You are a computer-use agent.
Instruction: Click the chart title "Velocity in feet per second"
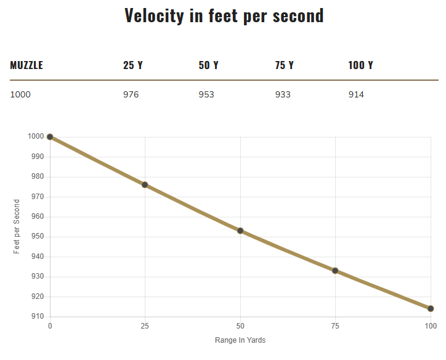[x=224, y=15]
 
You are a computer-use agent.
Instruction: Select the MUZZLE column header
[x=26, y=65]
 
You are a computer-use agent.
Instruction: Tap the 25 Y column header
[x=132, y=65]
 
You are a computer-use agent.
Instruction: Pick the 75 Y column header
[x=284, y=65]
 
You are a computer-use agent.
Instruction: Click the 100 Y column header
[x=360, y=65]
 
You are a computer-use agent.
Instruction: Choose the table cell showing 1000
[x=20, y=94]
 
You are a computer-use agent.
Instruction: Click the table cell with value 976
[x=131, y=94]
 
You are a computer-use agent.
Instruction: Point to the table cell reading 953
[x=206, y=94]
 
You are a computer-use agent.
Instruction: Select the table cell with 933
[x=283, y=94]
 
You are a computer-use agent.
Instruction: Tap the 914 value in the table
[x=356, y=94]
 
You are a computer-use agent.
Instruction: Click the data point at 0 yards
[x=50, y=137]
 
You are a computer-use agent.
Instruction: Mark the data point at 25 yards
[x=145, y=185]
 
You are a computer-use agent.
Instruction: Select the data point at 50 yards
[x=240, y=231]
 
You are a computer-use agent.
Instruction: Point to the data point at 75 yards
[x=335, y=271]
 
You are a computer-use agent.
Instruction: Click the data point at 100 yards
[x=431, y=308]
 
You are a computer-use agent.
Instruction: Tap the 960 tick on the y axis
[x=38, y=216]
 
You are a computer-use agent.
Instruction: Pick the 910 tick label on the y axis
[x=38, y=316]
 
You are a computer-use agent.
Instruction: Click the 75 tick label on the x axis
[x=335, y=325]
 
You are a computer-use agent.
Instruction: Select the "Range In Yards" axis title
[x=240, y=340]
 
